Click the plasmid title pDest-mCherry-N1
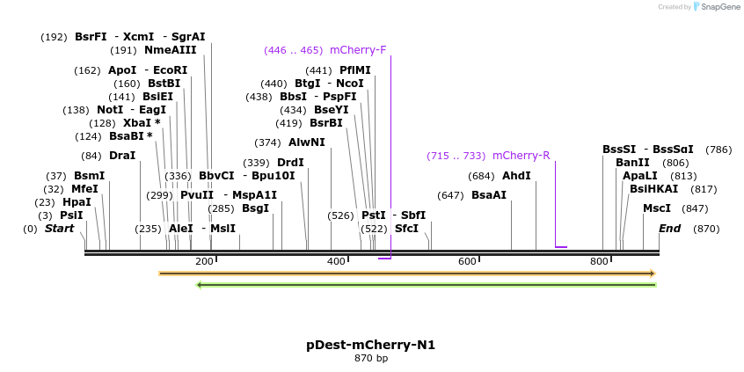pos(371,345)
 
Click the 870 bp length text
pos(371,359)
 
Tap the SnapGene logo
pos(717,7)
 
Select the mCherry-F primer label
pos(358,50)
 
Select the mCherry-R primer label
pos(521,156)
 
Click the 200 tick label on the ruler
pos(204,261)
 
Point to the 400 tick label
pos(336,261)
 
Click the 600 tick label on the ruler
pos(467,261)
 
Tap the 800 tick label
pos(599,261)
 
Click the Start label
pos(59,229)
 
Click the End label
pos(670,229)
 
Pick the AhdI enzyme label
pos(516,176)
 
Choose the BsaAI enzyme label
pos(489,195)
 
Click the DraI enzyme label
pos(121,156)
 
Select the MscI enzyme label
pos(657,208)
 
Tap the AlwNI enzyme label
pos(307,142)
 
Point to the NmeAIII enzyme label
pos(171,50)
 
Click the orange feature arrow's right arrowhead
pos(653,274)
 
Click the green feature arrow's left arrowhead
pos(200,285)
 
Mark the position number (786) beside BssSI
pos(718,150)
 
